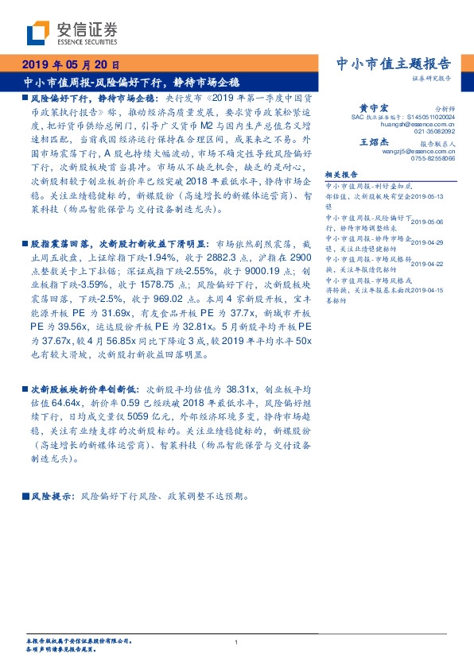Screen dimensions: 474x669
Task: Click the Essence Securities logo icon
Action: (x=37, y=32)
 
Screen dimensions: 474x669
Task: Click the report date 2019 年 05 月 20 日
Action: (x=69, y=64)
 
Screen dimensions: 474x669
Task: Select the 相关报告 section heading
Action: (x=343, y=175)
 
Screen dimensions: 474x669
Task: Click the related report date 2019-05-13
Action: (x=433, y=193)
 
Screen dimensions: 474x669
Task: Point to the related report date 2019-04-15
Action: (x=433, y=291)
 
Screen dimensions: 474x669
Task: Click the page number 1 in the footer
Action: (x=237, y=642)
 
